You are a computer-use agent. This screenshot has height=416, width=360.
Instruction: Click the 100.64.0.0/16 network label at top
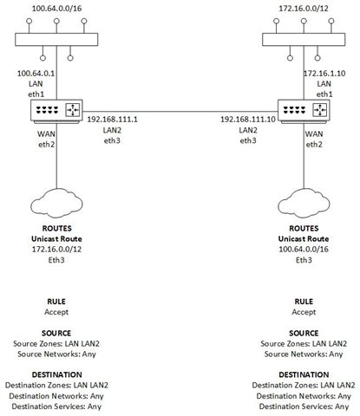click(56, 9)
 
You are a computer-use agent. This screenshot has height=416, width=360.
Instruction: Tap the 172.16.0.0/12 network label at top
click(304, 9)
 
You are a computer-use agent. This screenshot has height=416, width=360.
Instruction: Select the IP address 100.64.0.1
click(36, 74)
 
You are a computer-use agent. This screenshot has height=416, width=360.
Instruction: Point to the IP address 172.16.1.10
click(324, 74)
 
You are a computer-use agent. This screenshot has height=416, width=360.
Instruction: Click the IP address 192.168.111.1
click(113, 120)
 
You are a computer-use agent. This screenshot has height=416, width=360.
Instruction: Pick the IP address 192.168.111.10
click(248, 120)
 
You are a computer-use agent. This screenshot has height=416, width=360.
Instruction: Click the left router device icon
click(56, 112)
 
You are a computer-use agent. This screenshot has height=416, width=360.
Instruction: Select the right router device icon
click(304, 112)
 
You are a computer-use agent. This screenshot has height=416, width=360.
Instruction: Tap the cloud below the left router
click(56, 203)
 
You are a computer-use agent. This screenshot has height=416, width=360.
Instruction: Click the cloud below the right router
click(304, 203)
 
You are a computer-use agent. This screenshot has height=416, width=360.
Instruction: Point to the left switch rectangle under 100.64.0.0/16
click(56, 40)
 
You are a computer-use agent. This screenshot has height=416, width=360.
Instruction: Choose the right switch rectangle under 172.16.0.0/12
click(304, 40)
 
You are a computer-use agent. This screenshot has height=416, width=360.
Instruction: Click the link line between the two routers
click(180, 111)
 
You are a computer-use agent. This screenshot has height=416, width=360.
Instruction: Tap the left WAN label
click(46, 134)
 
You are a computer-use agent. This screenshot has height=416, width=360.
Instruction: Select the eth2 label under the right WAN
click(314, 145)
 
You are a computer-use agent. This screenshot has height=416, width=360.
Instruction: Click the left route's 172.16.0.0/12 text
click(56, 250)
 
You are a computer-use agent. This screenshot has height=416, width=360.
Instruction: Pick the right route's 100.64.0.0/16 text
click(304, 250)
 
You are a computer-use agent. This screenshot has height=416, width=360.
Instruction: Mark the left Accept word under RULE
click(56, 312)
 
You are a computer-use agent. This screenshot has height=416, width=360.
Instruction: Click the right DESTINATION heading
click(304, 374)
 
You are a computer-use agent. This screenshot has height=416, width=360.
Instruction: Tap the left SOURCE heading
click(56, 333)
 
